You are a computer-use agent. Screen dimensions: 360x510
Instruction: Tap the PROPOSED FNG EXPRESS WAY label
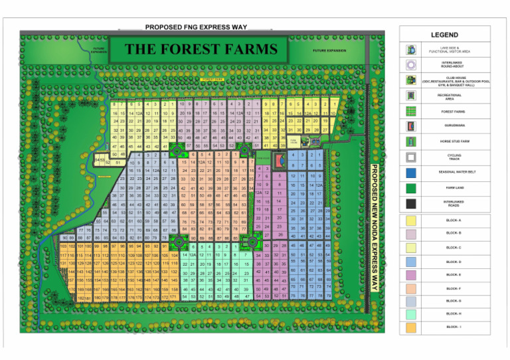point(195,27)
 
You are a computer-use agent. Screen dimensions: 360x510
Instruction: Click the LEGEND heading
point(444,35)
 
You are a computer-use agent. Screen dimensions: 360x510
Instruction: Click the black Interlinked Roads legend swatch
point(412,203)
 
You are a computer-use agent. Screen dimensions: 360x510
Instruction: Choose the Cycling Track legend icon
point(412,157)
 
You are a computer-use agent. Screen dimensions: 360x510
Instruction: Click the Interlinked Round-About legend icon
point(412,65)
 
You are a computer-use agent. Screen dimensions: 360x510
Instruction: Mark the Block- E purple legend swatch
point(412,274)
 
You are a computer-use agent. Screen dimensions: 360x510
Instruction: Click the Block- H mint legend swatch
point(412,313)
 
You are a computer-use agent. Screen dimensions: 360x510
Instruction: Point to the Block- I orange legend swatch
point(412,327)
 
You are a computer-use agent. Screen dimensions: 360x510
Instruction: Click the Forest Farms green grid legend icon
point(412,111)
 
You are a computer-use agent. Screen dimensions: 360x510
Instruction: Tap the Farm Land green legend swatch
point(412,188)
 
